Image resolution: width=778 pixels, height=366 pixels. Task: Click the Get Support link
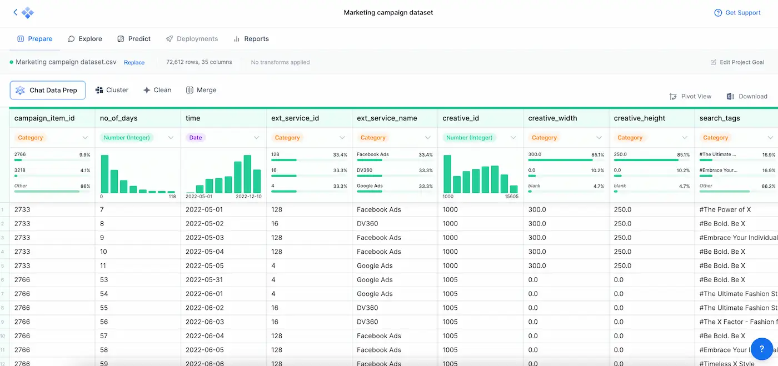click(x=737, y=13)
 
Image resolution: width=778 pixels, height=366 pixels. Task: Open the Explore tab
click(x=85, y=39)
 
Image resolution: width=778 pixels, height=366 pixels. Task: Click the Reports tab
click(x=251, y=39)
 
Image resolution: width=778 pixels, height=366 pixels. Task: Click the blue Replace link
click(x=134, y=63)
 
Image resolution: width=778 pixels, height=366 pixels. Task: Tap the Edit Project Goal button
click(x=737, y=62)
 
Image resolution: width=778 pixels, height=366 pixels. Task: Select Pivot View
click(x=690, y=96)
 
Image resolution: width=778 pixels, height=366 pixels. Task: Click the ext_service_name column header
click(x=387, y=118)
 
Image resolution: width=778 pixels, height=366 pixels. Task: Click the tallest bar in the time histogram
click(x=247, y=174)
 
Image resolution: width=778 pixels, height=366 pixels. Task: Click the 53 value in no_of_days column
click(x=104, y=280)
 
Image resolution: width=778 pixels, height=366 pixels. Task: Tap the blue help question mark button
click(x=762, y=349)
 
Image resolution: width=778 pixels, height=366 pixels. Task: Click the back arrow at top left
click(x=15, y=12)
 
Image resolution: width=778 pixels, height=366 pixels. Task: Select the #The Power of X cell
click(x=725, y=209)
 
